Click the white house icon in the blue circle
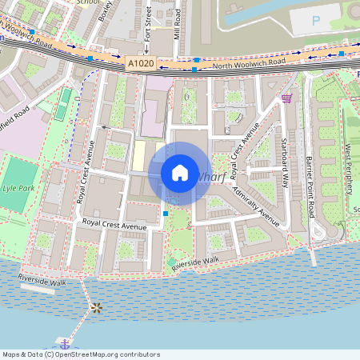pos(180,172)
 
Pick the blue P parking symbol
pos(315,20)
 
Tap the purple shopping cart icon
pos(286,98)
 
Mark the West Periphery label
pos(349,169)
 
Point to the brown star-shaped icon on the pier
pos(97,307)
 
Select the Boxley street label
pos(103,11)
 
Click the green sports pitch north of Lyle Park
pos(62,105)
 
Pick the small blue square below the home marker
pos(165,214)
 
